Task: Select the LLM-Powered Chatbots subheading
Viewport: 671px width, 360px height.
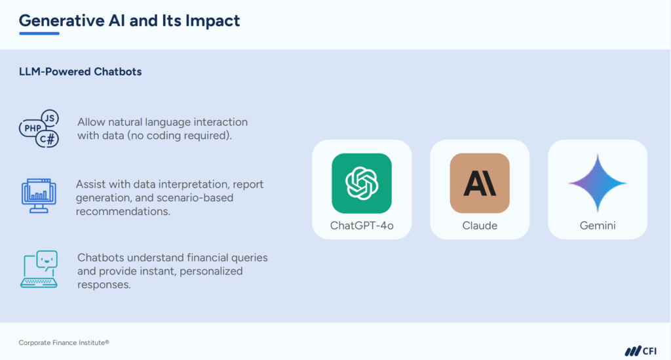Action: pyautogui.click(x=80, y=71)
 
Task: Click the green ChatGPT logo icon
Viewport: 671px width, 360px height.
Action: pyautogui.click(x=362, y=183)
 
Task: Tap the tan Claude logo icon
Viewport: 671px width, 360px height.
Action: pyautogui.click(x=480, y=183)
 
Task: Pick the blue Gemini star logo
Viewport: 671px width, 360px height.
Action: pyautogui.click(x=598, y=183)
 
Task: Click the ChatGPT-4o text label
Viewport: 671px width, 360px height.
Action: pyautogui.click(x=362, y=226)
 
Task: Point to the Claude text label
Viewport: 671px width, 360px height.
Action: pyautogui.click(x=480, y=226)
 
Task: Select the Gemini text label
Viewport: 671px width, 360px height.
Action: pyautogui.click(x=598, y=226)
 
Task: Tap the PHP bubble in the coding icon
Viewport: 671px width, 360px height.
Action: pyautogui.click(x=31, y=127)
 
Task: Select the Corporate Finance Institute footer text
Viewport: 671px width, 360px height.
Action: pyautogui.click(x=64, y=342)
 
